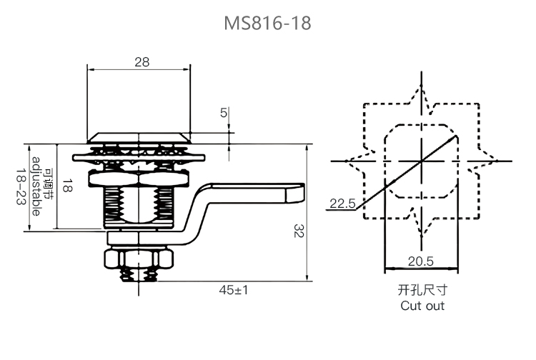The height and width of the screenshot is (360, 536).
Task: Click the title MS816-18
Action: point(267,24)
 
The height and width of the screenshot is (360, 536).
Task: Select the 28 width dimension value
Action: point(142,62)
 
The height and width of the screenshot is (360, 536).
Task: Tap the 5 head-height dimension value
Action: point(224,113)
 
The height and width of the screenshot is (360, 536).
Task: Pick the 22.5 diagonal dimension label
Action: point(342,204)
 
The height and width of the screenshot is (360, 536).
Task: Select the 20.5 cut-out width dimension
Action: point(421,261)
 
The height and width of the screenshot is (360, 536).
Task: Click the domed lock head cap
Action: point(139,136)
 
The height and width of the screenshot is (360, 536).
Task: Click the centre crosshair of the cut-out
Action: point(422,160)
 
